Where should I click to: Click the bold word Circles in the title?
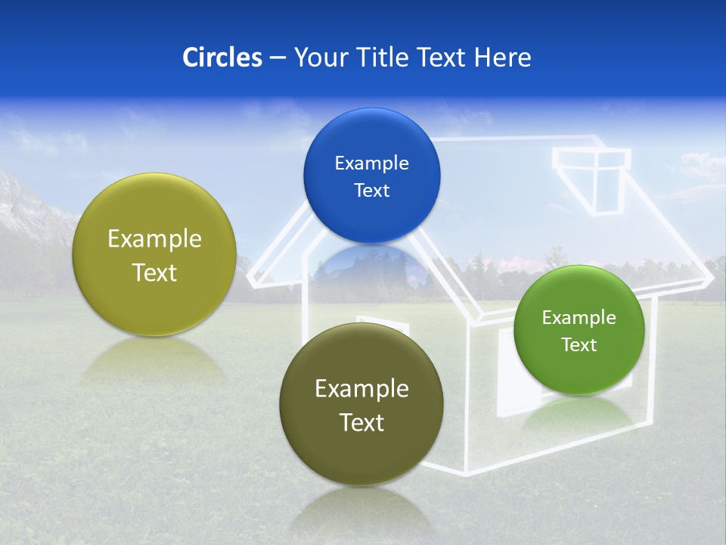click(222, 58)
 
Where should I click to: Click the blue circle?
click(371, 176)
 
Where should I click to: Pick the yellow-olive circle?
click(154, 254)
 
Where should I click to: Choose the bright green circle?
click(579, 330)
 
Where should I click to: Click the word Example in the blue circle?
click(371, 163)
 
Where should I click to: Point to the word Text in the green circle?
click(579, 345)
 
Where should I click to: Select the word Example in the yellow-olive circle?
click(154, 239)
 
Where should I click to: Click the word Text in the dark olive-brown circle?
click(361, 422)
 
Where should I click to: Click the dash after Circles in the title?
click(277, 58)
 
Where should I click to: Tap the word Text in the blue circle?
click(371, 191)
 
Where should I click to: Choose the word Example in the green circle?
click(579, 318)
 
